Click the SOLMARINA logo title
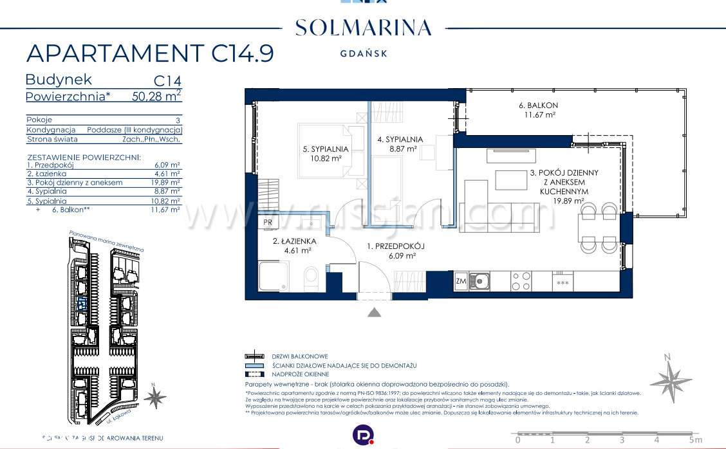click(x=363, y=28)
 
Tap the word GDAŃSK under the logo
click(x=364, y=54)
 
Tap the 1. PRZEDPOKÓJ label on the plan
click(x=396, y=246)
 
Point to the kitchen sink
click(x=479, y=280)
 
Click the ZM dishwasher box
click(x=461, y=280)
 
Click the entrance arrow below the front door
click(x=375, y=313)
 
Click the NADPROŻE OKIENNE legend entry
click(x=300, y=374)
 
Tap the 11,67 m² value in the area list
click(x=165, y=209)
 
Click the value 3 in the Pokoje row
click(x=178, y=120)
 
